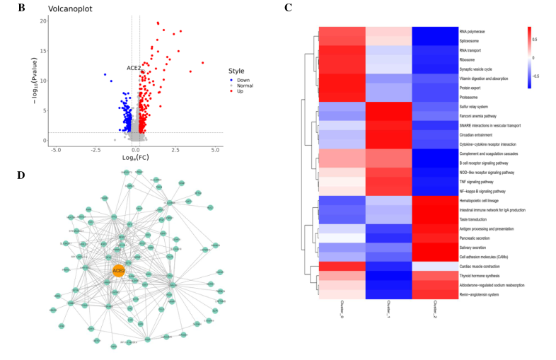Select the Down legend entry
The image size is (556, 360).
click(x=243, y=79)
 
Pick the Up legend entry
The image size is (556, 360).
click(x=241, y=91)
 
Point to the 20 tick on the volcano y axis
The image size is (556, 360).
click(x=42, y=21)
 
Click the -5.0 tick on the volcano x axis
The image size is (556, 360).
click(x=54, y=150)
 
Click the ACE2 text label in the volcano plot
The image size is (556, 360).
click(x=134, y=68)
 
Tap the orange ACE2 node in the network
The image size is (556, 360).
click(x=119, y=269)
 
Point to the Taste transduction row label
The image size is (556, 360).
click(x=476, y=219)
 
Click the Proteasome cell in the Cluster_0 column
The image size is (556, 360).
click(x=342, y=96)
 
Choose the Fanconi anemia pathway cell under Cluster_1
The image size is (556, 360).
click(x=388, y=115)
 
